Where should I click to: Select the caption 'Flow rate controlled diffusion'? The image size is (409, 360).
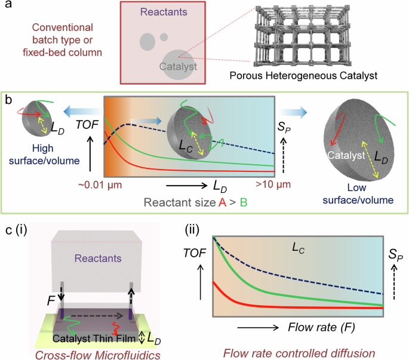tap(298, 351)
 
